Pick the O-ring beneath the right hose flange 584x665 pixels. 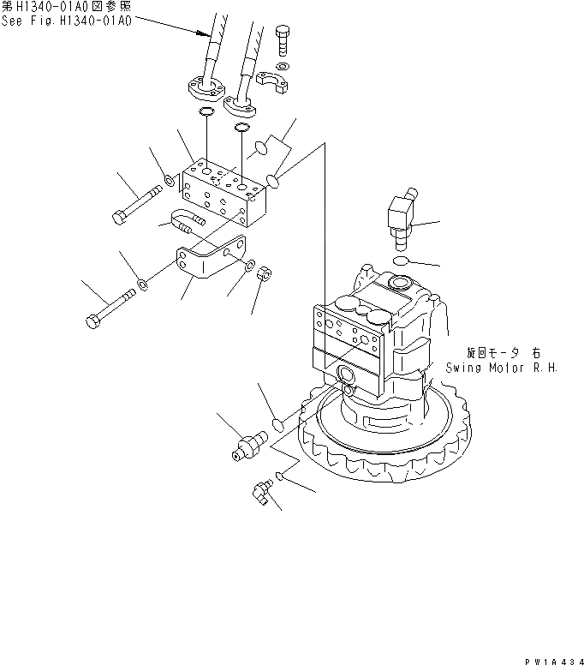click(x=241, y=129)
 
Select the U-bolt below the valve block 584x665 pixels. click(x=183, y=221)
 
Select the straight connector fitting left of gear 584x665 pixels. click(x=247, y=446)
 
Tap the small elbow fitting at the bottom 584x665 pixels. click(x=260, y=490)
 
